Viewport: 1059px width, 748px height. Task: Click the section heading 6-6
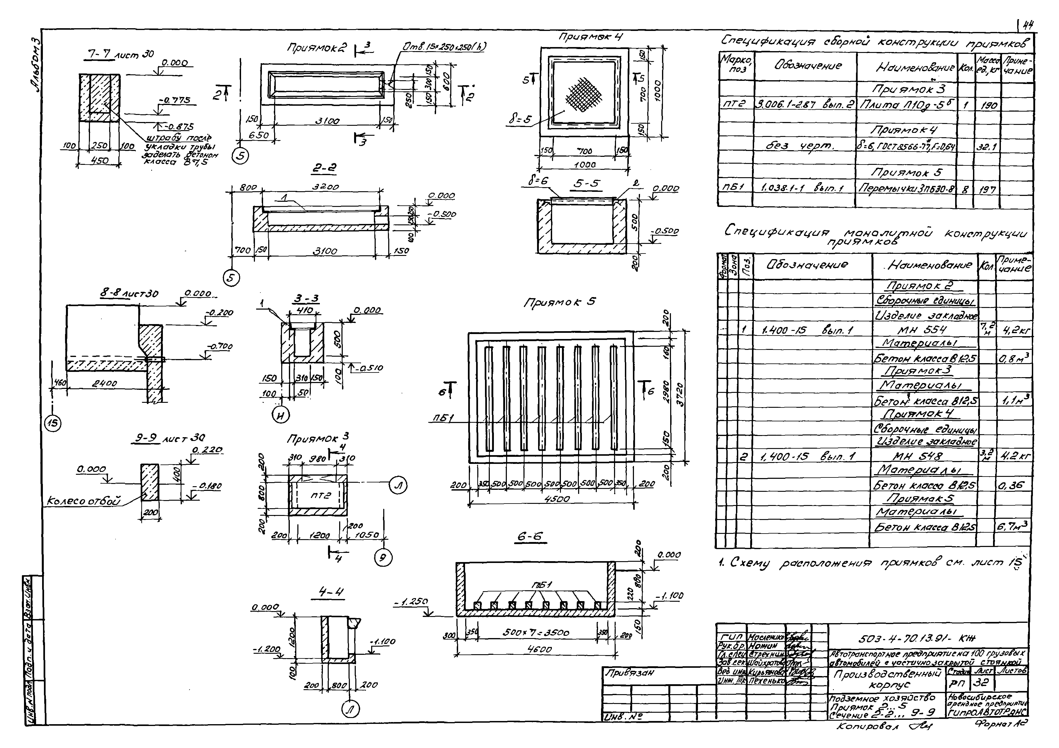click(529, 537)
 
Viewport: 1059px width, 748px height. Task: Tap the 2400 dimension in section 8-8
click(105, 384)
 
